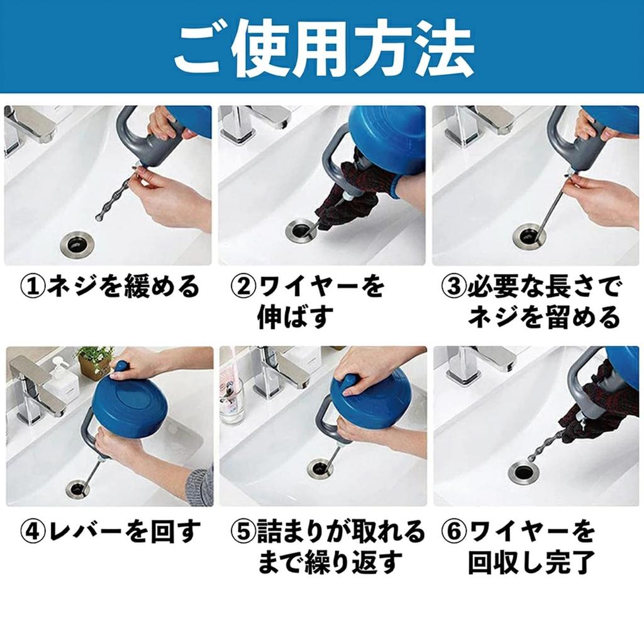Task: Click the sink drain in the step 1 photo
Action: tap(77, 241)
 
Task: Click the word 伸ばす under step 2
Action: tap(294, 318)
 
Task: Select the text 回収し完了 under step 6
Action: tap(531, 562)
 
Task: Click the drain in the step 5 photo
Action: tap(319, 467)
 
